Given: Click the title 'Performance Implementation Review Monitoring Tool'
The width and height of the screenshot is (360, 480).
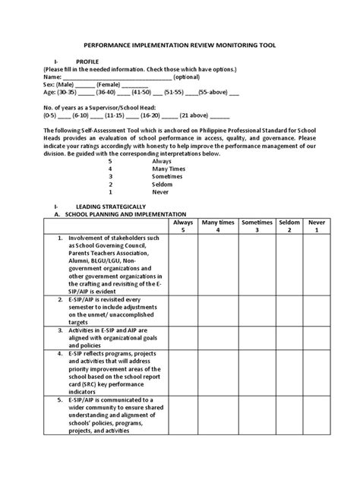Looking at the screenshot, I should [180, 44].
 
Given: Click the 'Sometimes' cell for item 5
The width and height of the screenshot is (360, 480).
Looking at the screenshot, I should [257, 415].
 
